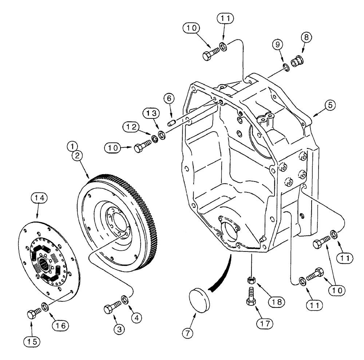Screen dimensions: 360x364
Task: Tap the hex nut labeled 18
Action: click(x=251, y=281)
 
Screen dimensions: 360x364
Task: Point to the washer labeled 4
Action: click(x=125, y=300)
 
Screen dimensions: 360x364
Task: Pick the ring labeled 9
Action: click(x=286, y=66)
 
